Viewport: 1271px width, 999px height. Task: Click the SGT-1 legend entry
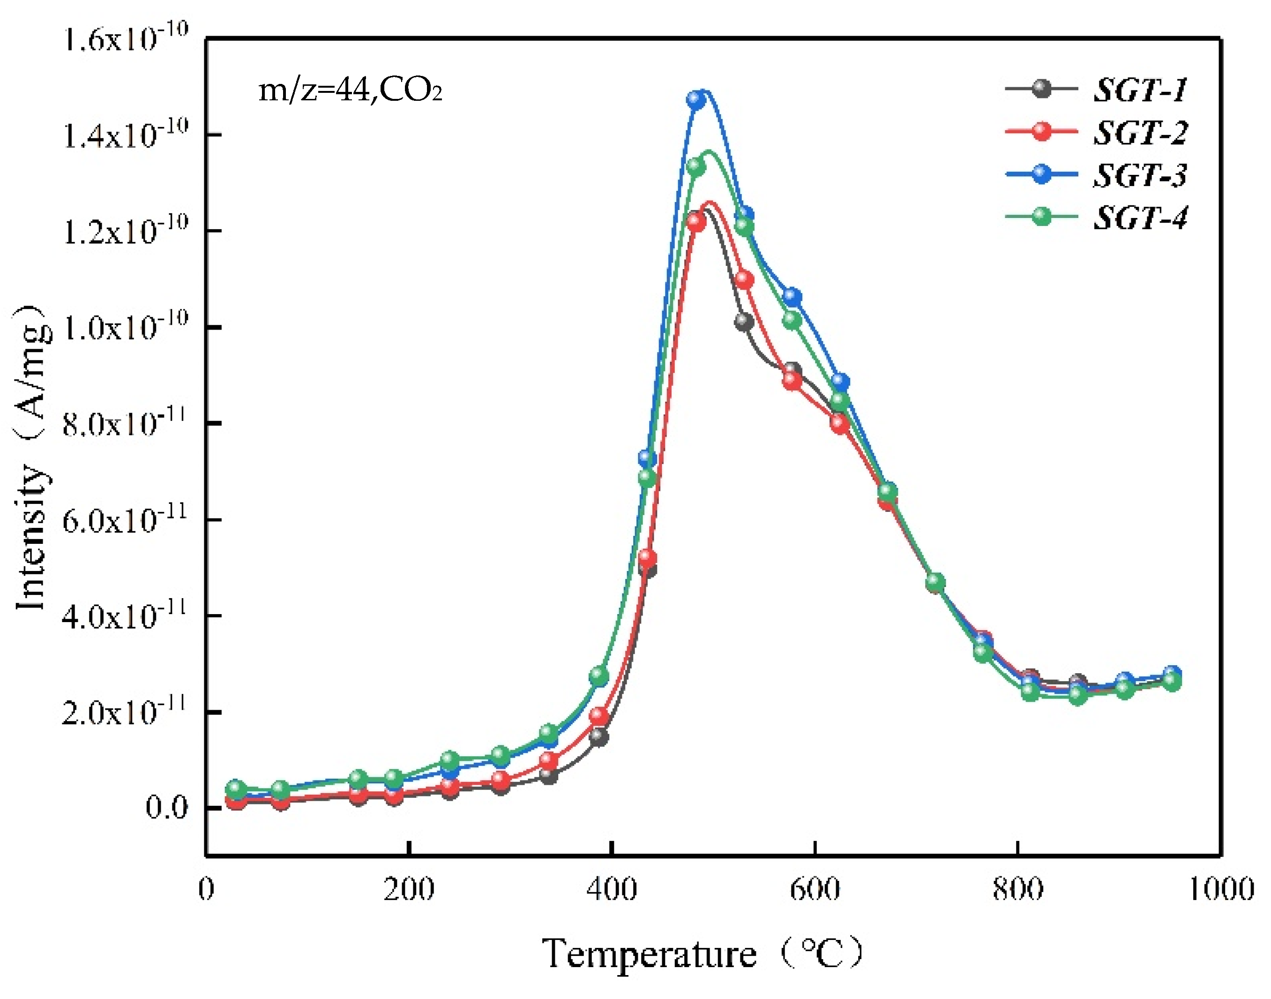click(x=1140, y=90)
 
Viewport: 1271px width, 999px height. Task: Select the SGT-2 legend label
click(x=1140, y=132)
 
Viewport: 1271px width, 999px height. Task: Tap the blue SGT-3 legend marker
click(x=1041, y=174)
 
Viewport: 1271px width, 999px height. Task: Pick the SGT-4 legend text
click(x=1140, y=218)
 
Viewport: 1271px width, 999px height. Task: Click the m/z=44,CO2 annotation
click(x=350, y=90)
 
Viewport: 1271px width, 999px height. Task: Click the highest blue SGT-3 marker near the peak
click(x=695, y=99)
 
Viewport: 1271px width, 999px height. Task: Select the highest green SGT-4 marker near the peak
click(x=695, y=167)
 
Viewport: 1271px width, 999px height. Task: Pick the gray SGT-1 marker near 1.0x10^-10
click(x=744, y=321)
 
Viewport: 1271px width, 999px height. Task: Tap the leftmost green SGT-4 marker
click(x=236, y=789)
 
